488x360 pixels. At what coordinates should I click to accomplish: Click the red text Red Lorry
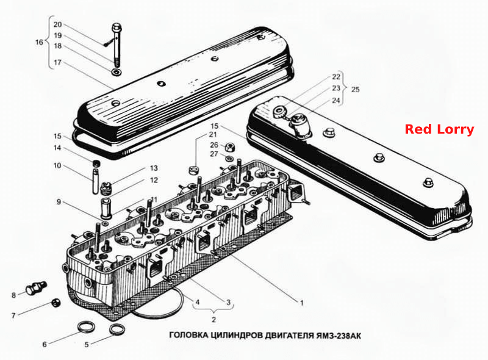(439, 129)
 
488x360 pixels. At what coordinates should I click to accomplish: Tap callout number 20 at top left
(57, 24)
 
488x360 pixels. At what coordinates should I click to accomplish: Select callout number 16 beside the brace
(39, 42)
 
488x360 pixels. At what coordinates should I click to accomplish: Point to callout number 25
(355, 90)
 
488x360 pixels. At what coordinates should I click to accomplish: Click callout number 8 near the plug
(13, 295)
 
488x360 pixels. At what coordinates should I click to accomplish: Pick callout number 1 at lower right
(301, 303)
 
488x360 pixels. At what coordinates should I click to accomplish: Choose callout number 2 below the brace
(213, 320)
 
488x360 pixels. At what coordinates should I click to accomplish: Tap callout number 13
(154, 168)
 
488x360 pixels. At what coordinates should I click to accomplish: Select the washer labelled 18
(117, 73)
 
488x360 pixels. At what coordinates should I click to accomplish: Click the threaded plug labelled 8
(37, 287)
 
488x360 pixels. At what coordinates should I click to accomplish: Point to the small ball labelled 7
(56, 303)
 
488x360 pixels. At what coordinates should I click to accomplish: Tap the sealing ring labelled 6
(86, 327)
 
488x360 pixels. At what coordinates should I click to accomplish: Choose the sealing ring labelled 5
(117, 329)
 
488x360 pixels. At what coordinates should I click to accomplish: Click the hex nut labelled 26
(229, 146)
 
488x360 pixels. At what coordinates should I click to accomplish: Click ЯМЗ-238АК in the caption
(339, 336)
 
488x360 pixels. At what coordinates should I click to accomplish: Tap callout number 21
(213, 134)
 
